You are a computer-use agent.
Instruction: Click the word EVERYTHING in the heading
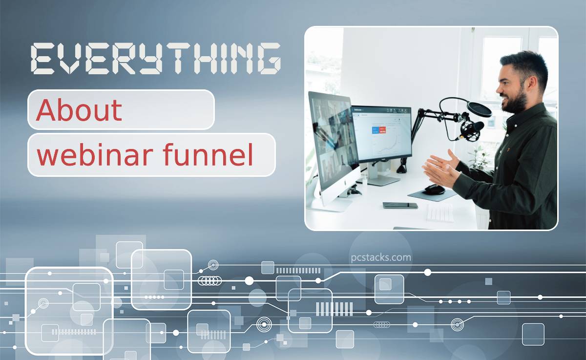click(156, 59)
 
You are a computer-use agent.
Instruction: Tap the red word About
click(79, 110)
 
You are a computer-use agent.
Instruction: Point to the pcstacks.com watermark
click(381, 258)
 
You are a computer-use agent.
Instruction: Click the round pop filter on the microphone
click(479, 109)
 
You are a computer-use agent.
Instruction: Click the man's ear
click(532, 82)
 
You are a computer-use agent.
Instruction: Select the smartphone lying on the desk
click(400, 205)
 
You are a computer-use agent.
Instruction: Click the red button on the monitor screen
click(382, 130)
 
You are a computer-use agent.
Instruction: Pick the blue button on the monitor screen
click(376, 130)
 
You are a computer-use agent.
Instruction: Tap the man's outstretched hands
click(441, 168)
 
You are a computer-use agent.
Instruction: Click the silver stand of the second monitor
click(380, 174)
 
